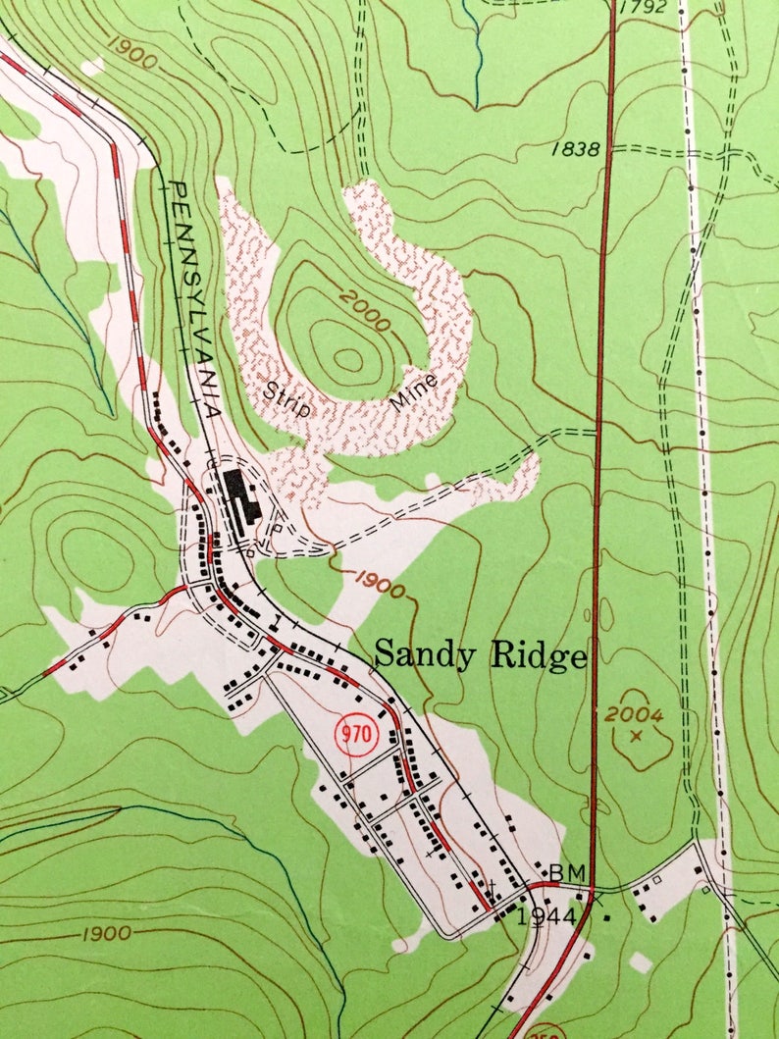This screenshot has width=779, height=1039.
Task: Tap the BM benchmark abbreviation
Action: pos(566,871)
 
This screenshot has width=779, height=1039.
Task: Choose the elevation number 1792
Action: pos(645,8)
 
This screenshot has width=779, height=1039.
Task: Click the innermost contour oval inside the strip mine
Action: pos(347,359)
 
